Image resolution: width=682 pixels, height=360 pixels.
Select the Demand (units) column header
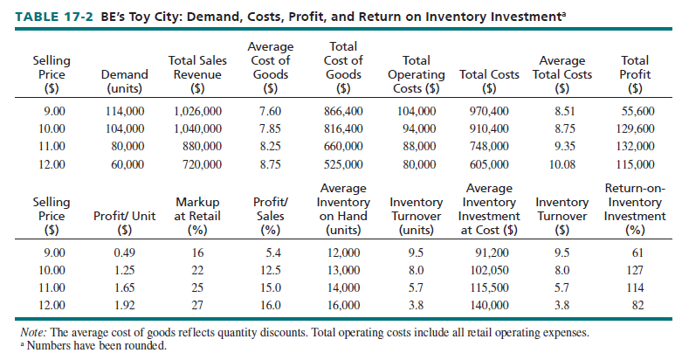(x=118, y=81)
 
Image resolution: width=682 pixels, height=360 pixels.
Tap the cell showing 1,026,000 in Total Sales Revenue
(x=197, y=112)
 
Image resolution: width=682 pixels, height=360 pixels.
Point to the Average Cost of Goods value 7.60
(x=270, y=112)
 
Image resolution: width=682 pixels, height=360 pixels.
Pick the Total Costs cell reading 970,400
(x=489, y=112)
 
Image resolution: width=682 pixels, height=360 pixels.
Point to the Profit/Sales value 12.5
(x=271, y=271)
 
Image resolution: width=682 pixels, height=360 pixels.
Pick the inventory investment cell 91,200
(x=490, y=254)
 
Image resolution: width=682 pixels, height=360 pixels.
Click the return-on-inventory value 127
(x=635, y=271)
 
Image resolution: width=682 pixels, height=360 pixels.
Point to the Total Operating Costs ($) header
(x=417, y=74)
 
